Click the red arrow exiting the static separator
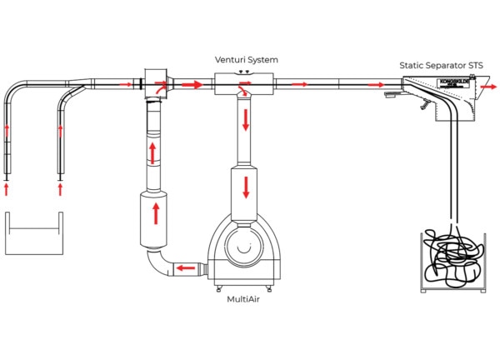[x=492, y=86]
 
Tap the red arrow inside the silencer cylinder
[x=155, y=213]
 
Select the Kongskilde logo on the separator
[x=447, y=83]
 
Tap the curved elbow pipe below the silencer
[x=158, y=262]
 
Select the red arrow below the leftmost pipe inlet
[x=7, y=189]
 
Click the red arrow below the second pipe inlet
[x=60, y=189]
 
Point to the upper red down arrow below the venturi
[x=247, y=118]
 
